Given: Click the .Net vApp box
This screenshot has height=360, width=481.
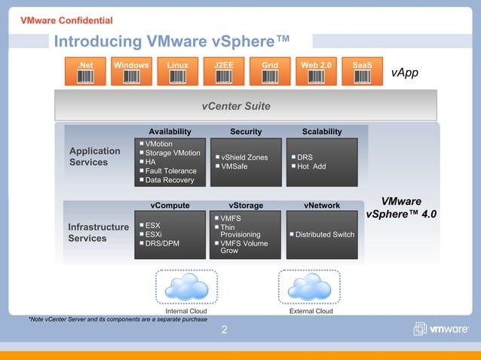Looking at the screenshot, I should [x=86, y=72].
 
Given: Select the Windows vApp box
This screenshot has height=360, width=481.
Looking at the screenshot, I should [x=131, y=72].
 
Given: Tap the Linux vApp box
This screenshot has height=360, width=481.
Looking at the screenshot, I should [x=177, y=72].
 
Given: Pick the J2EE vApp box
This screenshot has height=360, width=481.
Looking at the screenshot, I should [x=224, y=72].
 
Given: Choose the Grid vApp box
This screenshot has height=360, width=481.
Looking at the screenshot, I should [x=269, y=72].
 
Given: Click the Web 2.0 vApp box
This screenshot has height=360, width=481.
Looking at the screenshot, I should [x=316, y=72].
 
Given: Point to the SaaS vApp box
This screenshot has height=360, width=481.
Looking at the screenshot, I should [x=362, y=72].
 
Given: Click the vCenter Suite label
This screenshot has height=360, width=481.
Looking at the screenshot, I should [x=236, y=106].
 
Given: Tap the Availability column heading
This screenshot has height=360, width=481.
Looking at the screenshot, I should [x=170, y=132].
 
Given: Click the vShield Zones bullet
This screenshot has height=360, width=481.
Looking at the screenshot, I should [x=244, y=157].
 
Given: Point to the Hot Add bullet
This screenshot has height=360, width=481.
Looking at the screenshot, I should [x=311, y=166].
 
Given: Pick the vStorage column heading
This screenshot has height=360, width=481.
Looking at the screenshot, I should [x=246, y=205].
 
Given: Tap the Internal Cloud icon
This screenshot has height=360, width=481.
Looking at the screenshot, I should [x=185, y=286].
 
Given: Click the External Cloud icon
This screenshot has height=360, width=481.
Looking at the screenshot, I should [x=311, y=286].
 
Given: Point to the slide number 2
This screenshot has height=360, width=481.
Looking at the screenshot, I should [x=224, y=329].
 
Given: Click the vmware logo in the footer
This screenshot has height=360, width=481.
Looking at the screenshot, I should [x=441, y=329].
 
